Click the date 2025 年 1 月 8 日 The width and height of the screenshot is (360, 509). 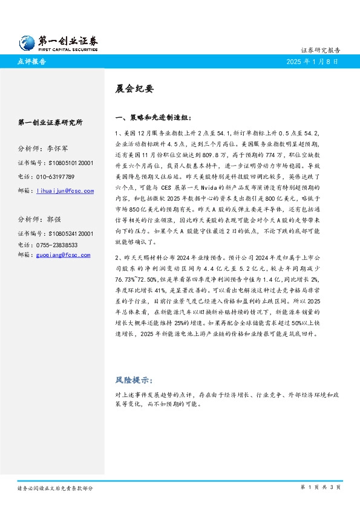[x=312, y=62]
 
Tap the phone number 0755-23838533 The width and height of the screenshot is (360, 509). [x=57, y=245]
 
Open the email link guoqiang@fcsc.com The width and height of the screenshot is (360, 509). [x=64, y=255]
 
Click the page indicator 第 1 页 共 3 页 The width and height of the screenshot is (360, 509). [x=320, y=487]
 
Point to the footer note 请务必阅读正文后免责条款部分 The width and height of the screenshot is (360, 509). [x=55, y=488]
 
